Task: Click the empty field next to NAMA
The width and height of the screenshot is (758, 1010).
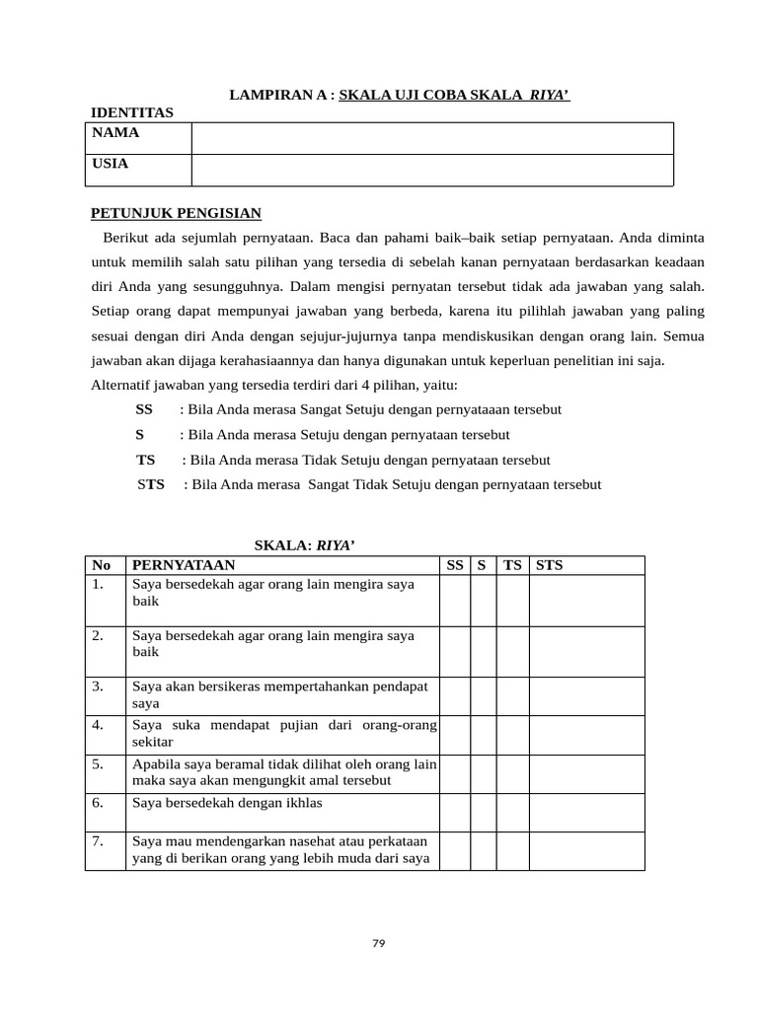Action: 432,138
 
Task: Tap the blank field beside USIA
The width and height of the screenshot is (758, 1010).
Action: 432,170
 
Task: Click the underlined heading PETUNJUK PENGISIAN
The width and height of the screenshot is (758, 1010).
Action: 176,213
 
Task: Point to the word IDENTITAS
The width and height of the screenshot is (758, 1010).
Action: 132,113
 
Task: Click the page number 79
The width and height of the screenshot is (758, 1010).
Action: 379,944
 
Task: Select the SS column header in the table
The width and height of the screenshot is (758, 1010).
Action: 454,565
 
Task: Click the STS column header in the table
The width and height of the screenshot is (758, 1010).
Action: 548,565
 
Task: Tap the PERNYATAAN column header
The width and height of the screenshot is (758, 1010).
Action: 184,565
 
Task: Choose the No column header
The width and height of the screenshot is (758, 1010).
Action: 101,565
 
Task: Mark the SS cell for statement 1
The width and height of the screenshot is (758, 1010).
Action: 454,601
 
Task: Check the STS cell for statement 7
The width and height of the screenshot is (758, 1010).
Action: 586,851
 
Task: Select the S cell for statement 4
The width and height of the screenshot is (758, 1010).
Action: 483,734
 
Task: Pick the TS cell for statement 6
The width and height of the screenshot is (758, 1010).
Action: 512,813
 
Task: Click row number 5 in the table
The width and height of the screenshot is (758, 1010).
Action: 98,764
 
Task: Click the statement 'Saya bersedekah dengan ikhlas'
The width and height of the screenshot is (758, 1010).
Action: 227,803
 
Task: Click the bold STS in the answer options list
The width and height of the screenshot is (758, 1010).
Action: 151,485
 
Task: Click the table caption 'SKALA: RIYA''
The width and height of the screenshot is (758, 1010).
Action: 304,544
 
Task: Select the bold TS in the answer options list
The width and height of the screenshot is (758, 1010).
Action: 146,461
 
